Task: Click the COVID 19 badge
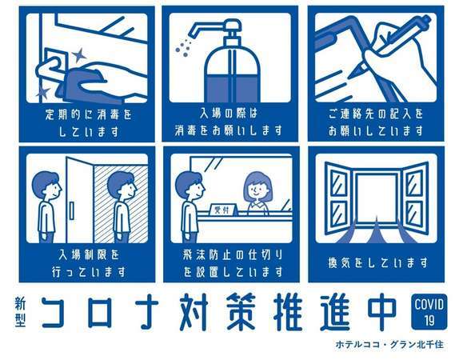click(x=429, y=312)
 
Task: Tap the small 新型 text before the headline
click(x=20, y=312)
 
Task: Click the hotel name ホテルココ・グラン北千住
click(x=389, y=345)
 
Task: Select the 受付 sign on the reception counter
click(x=222, y=210)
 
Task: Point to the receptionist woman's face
click(x=258, y=190)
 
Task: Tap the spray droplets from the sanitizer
click(x=183, y=48)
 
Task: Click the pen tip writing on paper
click(x=357, y=73)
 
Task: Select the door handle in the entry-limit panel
click(x=71, y=210)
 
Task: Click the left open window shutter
click(x=339, y=198)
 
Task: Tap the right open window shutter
click(x=414, y=198)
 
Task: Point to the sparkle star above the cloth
click(x=79, y=55)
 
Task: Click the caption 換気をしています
click(x=377, y=262)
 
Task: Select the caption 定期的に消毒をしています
click(x=89, y=122)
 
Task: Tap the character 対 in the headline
click(x=194, y=312)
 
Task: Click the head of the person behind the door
click(x=122, y=186)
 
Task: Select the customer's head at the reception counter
click(x=190, y=185)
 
